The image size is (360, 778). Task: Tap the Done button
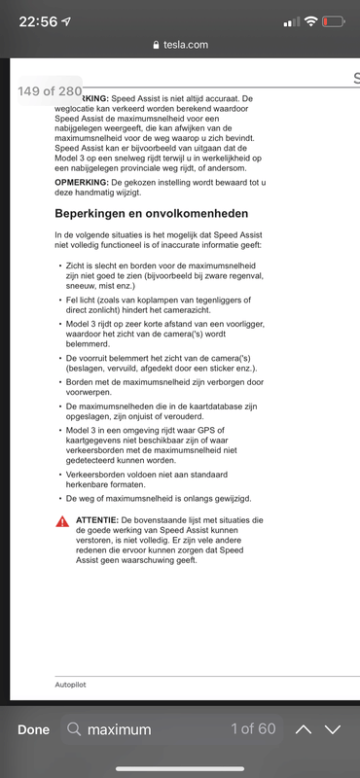click(33, 729)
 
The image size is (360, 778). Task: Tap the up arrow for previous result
click(304, 729)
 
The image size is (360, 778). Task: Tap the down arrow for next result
click(334, 729)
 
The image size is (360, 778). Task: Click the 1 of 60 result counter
click(253, 729)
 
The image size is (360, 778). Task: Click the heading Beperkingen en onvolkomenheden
click(151, 213)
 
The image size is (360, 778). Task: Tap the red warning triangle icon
click(62, 522)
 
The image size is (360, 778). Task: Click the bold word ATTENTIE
click(97, 521)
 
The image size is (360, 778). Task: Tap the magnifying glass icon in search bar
click(74, 729)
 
